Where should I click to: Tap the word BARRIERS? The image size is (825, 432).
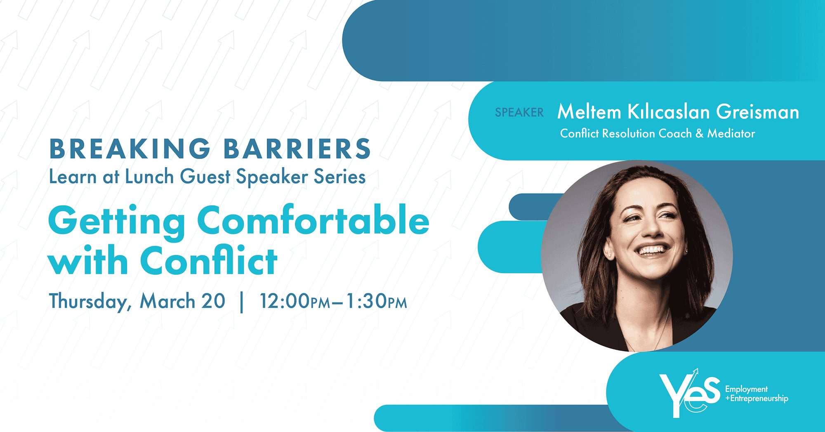(x=297, y=149)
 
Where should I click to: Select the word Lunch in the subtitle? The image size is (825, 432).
(x=149, y=177)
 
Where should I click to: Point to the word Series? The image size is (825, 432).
(x=339, y=177)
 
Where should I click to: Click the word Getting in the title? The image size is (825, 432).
(x=117, y=222)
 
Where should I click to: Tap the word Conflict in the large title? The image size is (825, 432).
(x=209, y=261)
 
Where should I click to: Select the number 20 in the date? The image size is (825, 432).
(x=213, y=301)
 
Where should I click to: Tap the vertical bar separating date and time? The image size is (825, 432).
(x=242, y=302)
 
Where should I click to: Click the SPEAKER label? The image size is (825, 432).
(x=519, y=112)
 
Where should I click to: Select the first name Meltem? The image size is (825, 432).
(x=589, y=112)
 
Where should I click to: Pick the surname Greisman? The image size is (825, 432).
(x=757, y=112)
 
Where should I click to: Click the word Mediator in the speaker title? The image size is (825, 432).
(x=731, y=133)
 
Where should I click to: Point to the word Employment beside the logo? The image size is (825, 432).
(x=746, y=389)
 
